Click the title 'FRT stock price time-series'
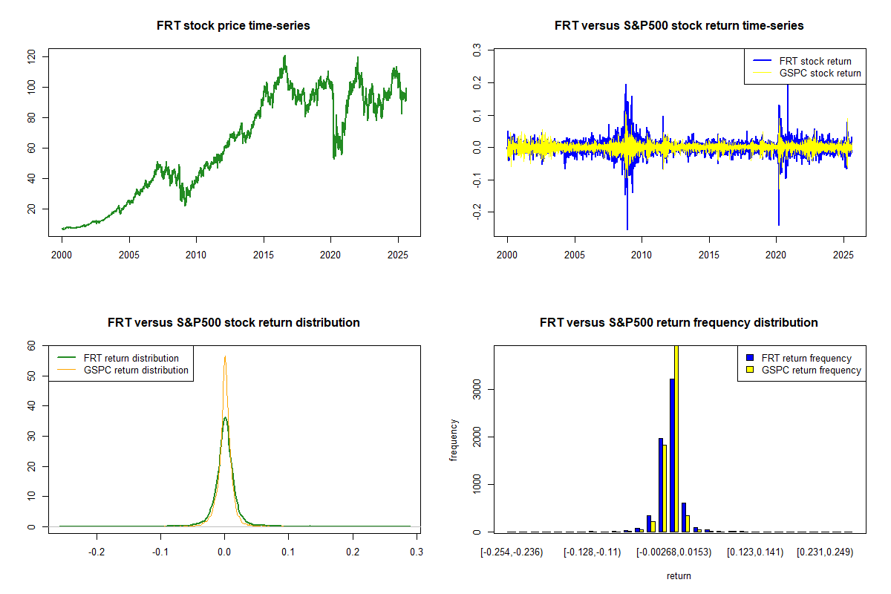(x=233, y=26)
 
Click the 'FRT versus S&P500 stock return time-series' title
(x=679, y=26)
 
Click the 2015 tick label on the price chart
(x=264, y=252)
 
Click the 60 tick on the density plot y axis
(x=32, y=345)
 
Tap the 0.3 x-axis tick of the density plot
(x=417, y=552)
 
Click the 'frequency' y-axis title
(x=454, y=440)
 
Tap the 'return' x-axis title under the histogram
(x=679, y=575)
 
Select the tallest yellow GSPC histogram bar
(x=676, y=438)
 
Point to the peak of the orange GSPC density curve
(x=225, y=357)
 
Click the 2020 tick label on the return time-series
(x=776, y=252)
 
